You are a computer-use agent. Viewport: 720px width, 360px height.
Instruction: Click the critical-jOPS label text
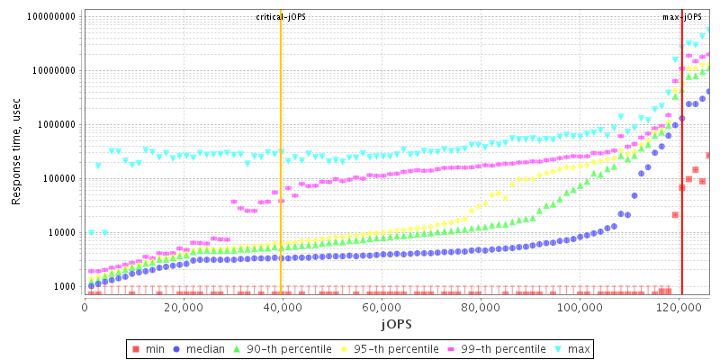click(x=281, y=17)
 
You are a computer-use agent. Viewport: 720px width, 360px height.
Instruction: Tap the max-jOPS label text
click(x=681, y=17)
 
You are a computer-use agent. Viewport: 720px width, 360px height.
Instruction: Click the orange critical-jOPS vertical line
click(x=281, y=180)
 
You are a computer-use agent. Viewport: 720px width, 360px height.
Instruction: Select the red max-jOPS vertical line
click(x=681, y=180)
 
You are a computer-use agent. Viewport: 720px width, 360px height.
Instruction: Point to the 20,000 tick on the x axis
click(x=184, y=307)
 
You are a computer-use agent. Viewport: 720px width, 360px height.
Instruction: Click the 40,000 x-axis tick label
click(x=283, y=307)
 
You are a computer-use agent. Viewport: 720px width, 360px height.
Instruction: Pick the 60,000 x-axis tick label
click(x=382, y=307)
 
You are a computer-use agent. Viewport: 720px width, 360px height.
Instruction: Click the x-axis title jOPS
click(x=395, y=323)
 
